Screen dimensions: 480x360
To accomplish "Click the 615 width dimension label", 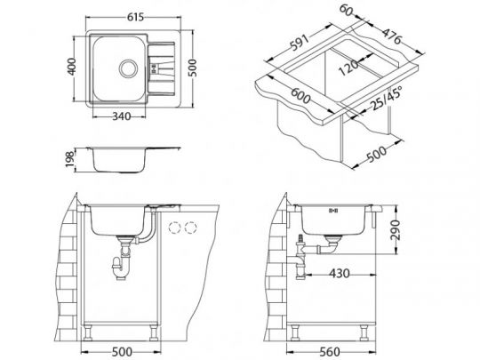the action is [x=135, y=17].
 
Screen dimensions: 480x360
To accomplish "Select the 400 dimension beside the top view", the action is [x=71, y=67].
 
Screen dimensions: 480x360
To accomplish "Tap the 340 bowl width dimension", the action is [x=122, y=116].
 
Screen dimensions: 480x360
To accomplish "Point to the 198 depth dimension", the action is [x=70, y=159].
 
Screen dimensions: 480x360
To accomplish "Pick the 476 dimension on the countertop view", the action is [x=391, y=36].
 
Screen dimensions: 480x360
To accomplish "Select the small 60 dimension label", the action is [x=347, y=11].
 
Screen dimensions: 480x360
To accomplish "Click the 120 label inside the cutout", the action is [x=348, y=68].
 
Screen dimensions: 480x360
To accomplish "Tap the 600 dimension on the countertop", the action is [x=300, y=95].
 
